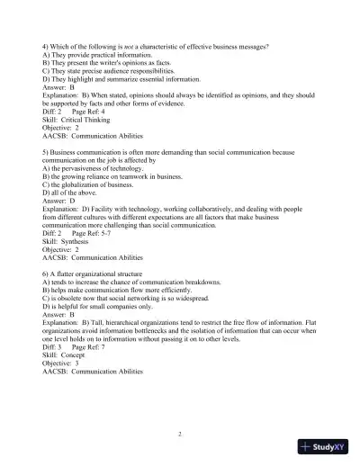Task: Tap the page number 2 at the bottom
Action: point(180,434)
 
